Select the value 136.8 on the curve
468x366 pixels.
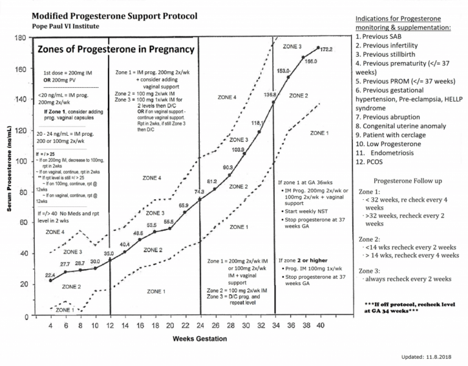tap(271, 95)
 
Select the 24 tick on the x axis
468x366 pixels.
tap(200, 326)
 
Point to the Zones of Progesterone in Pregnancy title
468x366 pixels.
tap(116, 49)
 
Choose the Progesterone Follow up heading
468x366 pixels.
tap(408, 181)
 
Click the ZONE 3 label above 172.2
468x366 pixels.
tap(292, 47)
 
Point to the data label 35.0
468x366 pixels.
tap(108, 253)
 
